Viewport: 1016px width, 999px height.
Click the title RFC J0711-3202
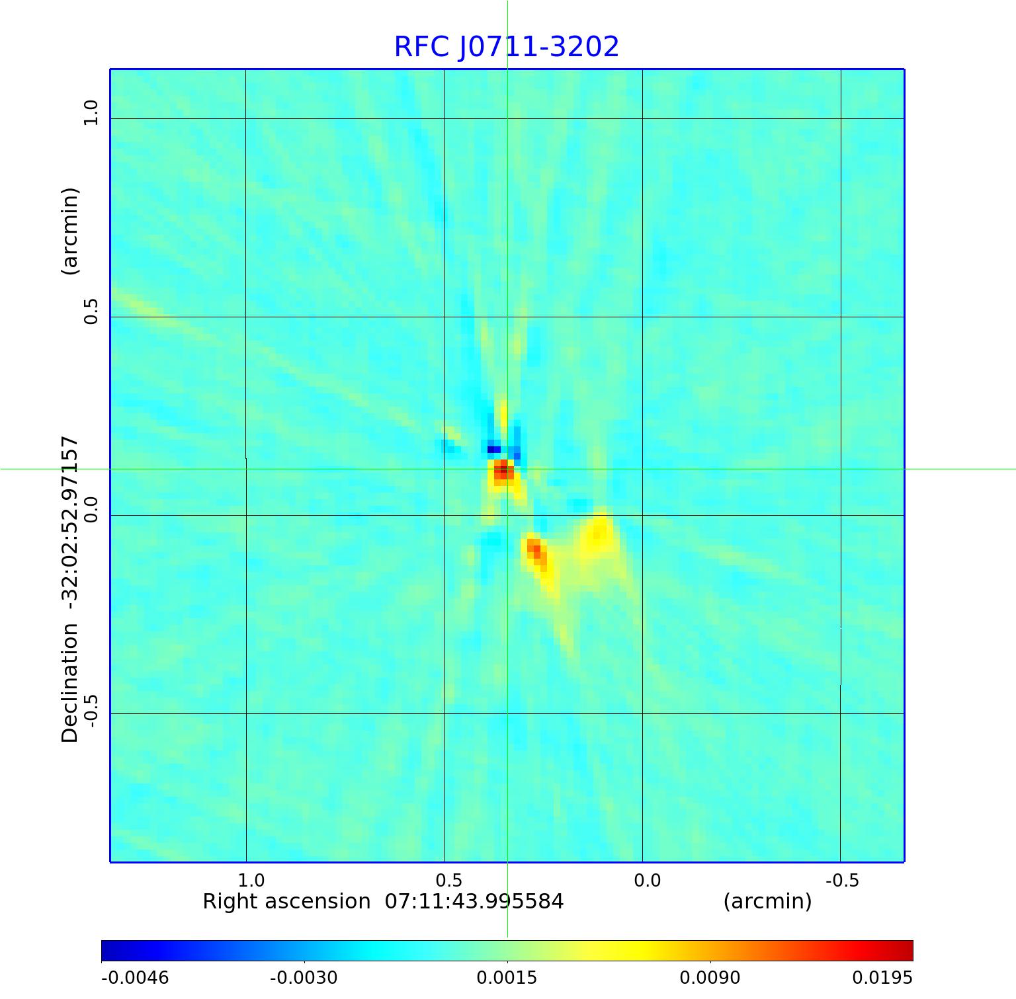(x=506, y=47)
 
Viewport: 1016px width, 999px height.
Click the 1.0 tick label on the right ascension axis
(x=251, y=881)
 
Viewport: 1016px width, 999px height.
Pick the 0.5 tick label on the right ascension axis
(x=449, y=881)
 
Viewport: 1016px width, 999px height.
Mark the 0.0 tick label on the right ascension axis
(x=647, y=881)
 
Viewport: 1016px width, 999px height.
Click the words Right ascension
(x=286, y=902)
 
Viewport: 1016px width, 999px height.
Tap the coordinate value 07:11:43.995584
(x=474, y=902)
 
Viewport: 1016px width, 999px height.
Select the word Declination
(x=69, y=684)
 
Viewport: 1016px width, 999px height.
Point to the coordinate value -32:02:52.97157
(x=69, y=522)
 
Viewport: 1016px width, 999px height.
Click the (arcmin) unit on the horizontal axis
(x=767, y=902)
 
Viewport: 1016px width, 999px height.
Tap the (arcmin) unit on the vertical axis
(x=69, y=231)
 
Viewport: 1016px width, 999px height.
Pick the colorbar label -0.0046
(x=135, y=978)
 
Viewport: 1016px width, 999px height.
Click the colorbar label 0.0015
(x=507, y=978)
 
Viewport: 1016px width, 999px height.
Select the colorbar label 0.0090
(x=710, y=978)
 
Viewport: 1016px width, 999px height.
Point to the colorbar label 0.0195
(x=882, y=978)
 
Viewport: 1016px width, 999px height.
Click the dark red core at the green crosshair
(x=504, y=470)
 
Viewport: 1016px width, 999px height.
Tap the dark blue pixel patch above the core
(x=493, y=450)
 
